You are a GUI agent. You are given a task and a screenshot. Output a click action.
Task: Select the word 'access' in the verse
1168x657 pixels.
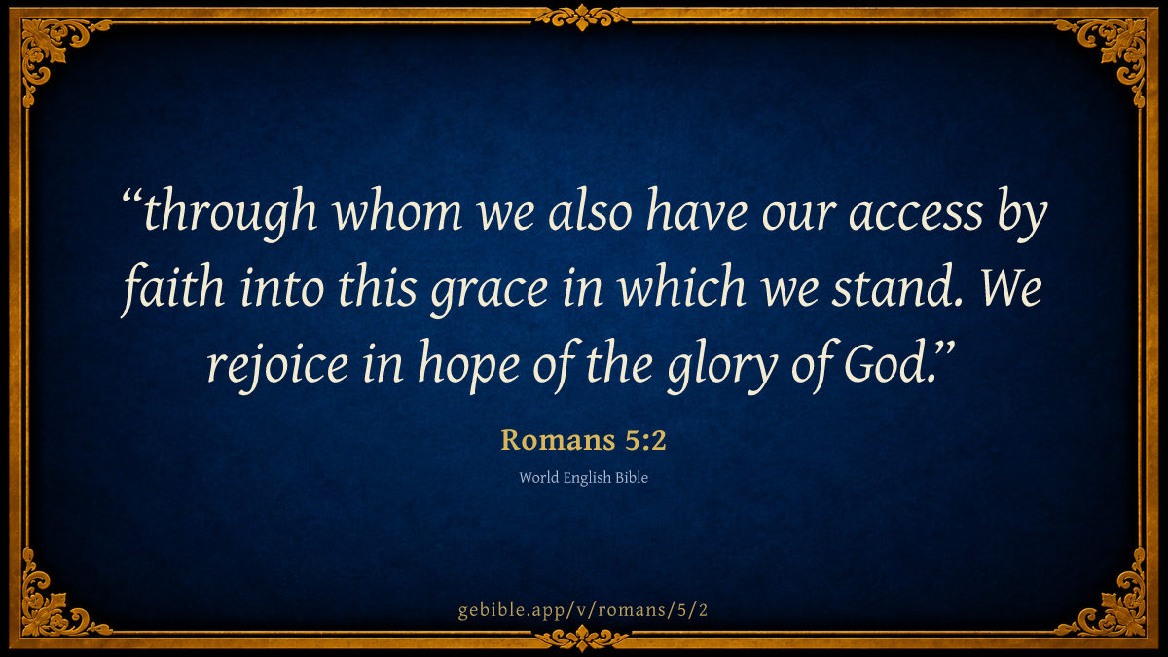coord(916,215)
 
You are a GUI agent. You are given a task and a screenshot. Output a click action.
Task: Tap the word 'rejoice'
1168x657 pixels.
coord(278,366)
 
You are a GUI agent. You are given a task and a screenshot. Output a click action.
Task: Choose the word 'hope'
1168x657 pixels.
coord(469,366)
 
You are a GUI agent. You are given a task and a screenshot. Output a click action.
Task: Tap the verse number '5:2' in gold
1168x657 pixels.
coord(645,440)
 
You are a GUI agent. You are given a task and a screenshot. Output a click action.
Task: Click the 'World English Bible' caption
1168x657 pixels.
coord(583,478)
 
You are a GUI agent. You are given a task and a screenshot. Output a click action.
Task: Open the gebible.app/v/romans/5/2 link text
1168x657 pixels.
coord(583,610)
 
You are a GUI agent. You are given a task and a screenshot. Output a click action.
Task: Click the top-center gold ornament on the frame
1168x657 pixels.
coord(582,17)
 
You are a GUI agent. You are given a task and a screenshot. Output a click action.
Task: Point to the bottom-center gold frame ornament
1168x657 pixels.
coord(582,639)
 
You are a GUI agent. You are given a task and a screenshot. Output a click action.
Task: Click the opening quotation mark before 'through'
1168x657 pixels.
coord(132,197)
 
